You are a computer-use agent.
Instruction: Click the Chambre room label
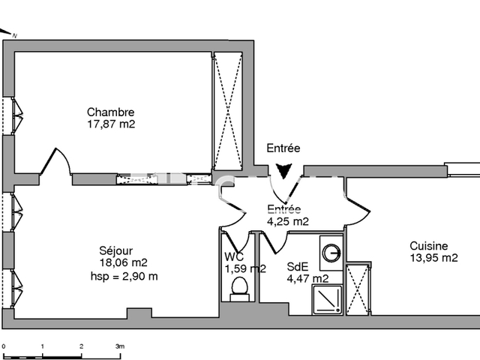110,112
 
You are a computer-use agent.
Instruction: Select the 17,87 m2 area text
110,124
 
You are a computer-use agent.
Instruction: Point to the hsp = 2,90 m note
124,276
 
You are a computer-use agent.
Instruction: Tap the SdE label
296,265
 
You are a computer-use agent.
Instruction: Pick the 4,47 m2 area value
307,279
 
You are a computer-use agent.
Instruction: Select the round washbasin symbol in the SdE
330,252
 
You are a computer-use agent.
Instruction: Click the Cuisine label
429,245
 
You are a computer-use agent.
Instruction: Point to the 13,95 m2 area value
432,258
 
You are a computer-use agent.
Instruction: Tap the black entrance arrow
284,172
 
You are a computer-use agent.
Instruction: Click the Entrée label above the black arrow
283,149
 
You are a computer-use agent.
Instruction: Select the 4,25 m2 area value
288,221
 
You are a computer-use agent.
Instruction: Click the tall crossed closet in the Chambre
227,112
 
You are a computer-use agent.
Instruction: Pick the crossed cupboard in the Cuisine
358,289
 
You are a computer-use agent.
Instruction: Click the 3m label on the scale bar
118,346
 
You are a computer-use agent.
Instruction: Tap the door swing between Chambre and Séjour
58,163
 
